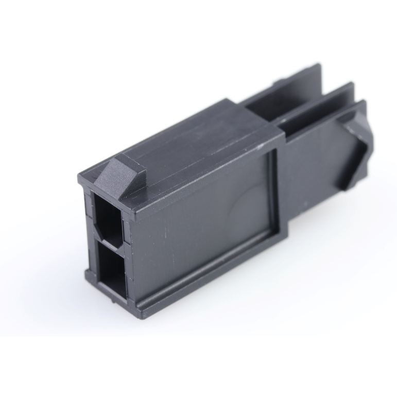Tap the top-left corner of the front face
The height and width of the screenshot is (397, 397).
click(x=80, y=178)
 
